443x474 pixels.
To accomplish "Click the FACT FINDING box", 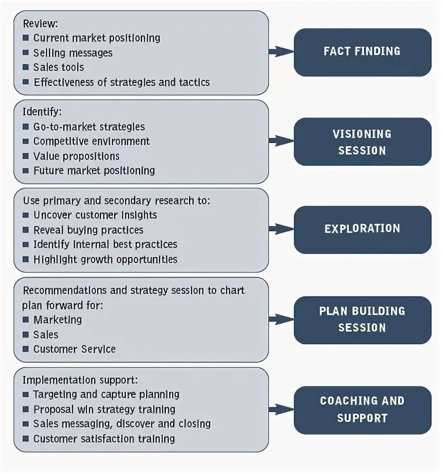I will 362,52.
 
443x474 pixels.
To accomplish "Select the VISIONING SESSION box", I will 362,142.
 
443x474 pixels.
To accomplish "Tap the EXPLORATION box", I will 362,229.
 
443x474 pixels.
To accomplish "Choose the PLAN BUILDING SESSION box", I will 362,319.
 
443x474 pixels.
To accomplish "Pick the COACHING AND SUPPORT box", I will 362,409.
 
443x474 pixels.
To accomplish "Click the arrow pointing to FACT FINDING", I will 281,51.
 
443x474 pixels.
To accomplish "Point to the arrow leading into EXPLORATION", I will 281,229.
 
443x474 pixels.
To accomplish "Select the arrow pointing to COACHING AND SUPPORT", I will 281,409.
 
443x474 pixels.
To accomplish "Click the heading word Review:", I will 40,23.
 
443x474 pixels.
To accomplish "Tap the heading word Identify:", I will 42,112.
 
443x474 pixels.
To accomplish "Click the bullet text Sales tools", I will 59,68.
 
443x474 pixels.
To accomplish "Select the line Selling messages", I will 73,53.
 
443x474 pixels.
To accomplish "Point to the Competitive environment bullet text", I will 91,142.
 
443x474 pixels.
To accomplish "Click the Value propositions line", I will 76,156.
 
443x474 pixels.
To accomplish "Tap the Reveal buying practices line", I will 88,230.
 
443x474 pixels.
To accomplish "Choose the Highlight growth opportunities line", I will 105,260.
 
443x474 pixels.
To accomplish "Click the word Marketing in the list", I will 58,320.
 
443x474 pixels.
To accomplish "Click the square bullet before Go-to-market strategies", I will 26,127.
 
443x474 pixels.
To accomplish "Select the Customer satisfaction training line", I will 104,439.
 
